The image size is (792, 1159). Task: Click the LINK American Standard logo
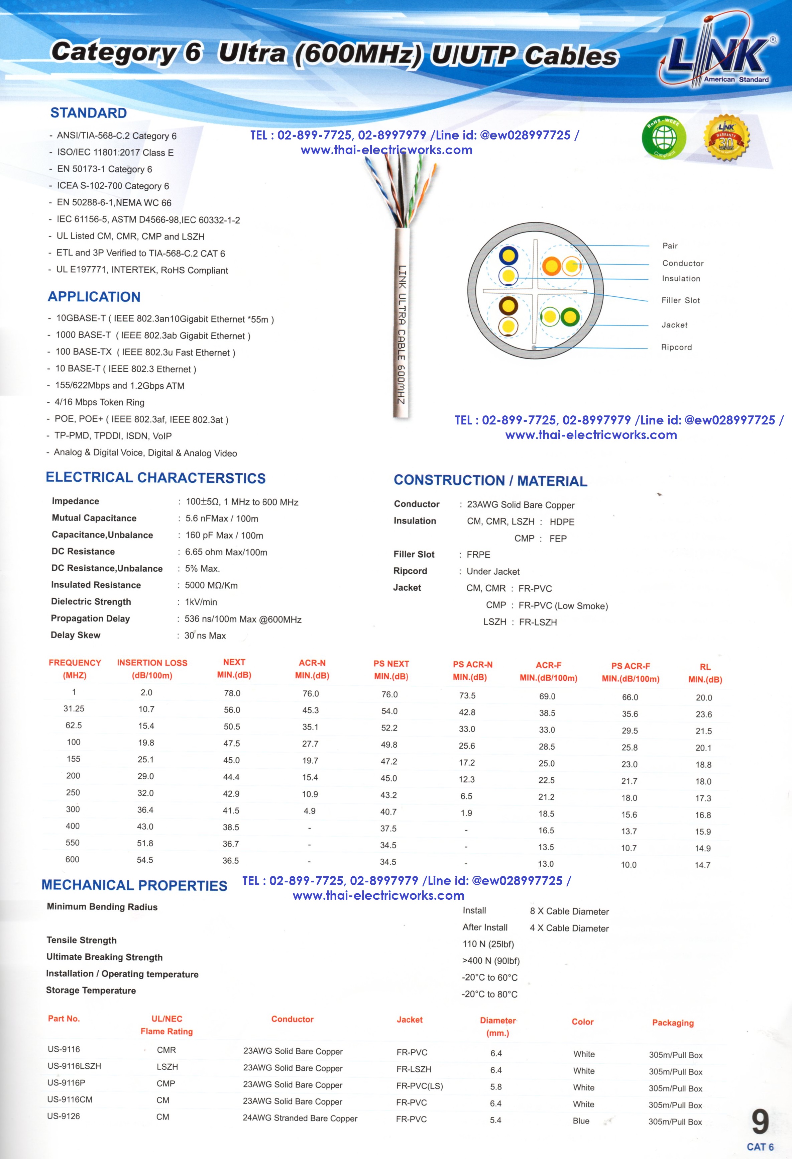pyautogui.click(x=718, y=55)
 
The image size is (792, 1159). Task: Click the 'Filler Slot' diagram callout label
pyautogui.click(x=680, y=300)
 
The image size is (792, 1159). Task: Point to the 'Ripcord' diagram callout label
pyautogui.click(x=676, y=347)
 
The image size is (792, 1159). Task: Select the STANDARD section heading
pyautogui.click(x=88, y=113)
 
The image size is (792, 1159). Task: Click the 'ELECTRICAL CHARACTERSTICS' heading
pyautogui.click(x=155, y=478)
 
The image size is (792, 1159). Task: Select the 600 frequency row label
pyautogui.click(x=72, y=859)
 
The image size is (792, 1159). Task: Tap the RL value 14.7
pyautogui.click(x=703, y=865)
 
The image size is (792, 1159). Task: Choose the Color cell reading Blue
pyautogui.click(x=581, y=1121)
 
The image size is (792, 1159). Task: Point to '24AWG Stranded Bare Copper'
pyautogui.click(x=300, y=1118)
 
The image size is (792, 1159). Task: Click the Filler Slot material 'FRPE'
pyautogui.click(x=478, y=555)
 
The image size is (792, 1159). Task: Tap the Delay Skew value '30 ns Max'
pyautogui.click(x=205, y=635)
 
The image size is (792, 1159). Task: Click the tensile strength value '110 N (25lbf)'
pyautogui.click(x=488, y=944)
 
